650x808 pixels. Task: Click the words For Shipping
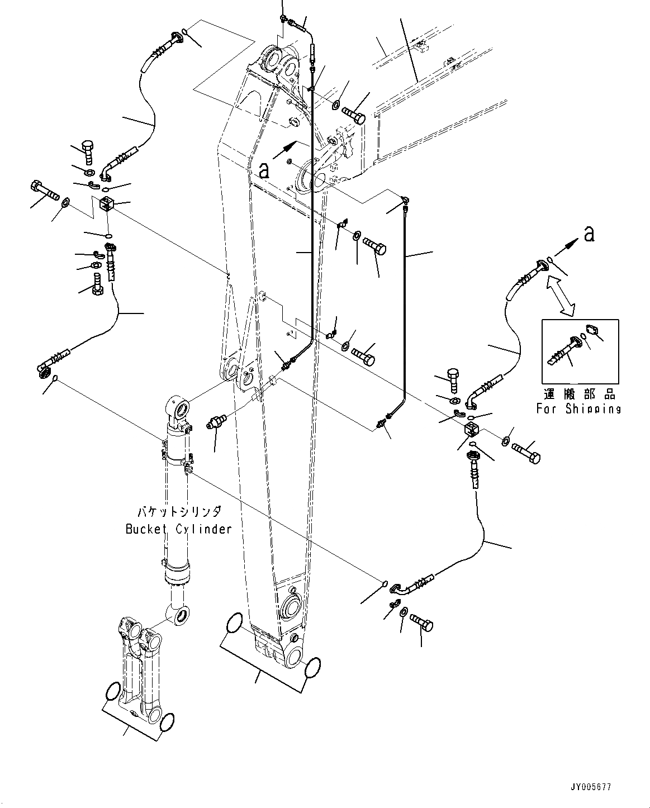click(578, 409)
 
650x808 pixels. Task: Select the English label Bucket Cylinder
click(179, 529)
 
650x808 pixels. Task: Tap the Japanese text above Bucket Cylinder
click(179, 512)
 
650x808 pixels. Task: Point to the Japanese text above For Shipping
click(580, 394)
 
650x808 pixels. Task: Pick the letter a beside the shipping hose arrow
click(589, 234)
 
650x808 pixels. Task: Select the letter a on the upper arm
click(264, 171)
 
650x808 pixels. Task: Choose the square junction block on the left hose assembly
click(107, 204)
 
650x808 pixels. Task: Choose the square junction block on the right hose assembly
click(472, 430)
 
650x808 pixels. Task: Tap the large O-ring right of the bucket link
click(167, 722)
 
